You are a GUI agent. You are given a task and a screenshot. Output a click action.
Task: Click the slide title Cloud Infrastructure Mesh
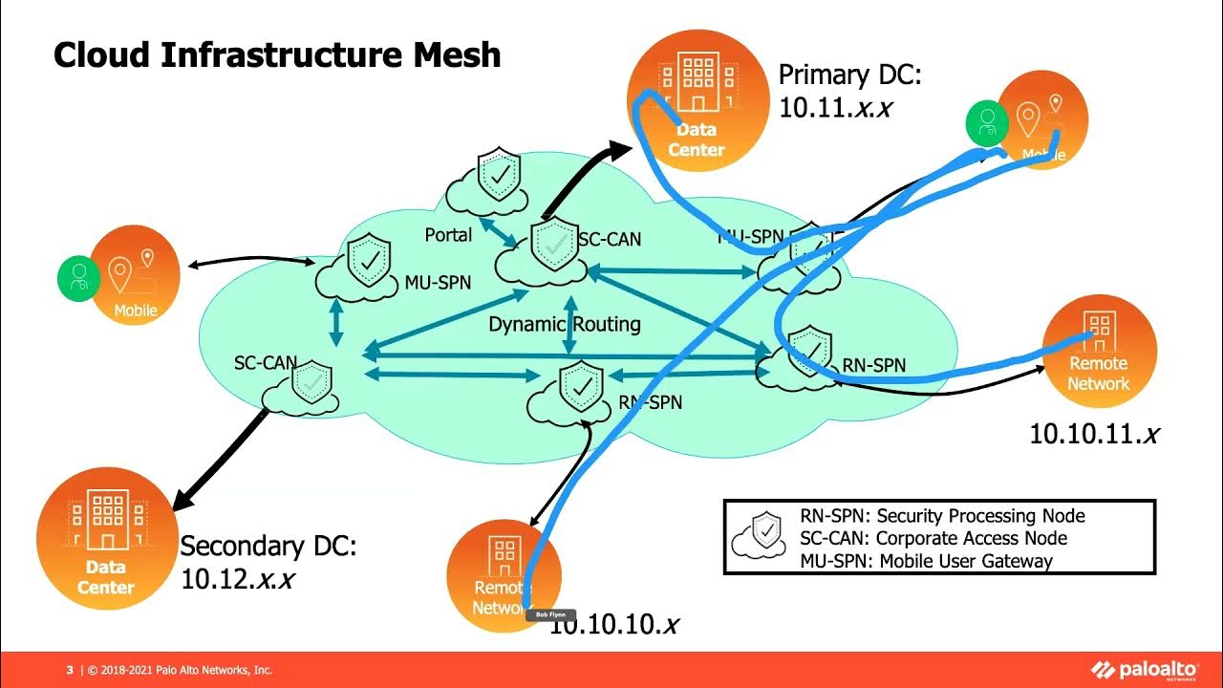pos(277,54)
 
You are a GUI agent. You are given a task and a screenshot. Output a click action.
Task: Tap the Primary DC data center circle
pos(697,101)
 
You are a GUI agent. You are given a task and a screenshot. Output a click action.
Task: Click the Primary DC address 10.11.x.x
pos(835,107)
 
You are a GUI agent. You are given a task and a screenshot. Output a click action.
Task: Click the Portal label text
pos(448,234)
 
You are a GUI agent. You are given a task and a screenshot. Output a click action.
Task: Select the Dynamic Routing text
pos(564,324)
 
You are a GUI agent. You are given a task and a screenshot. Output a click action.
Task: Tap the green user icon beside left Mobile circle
pos(79,278)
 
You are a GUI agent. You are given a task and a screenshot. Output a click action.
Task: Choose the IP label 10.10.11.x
pos(1093,434)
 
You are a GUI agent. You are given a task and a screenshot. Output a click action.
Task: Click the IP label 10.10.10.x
pos(613,625)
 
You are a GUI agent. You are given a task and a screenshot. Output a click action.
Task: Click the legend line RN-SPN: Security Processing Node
pos(942,516)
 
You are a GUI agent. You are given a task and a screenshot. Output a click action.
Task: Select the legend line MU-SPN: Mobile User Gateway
pos(926,561)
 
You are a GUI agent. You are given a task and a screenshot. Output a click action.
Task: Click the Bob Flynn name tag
pos(550,614)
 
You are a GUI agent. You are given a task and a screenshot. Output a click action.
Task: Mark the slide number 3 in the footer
pos(70,670)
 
